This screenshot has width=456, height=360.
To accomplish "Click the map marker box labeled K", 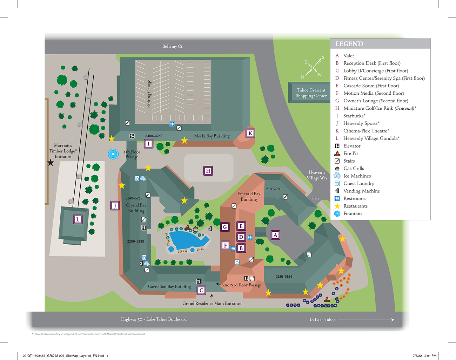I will pyautogui.click(x=250, y=133).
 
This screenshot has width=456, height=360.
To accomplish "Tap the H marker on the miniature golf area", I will pyautogui.click(x=208, y=171).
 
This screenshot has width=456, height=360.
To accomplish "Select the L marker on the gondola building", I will pyautogui.click(x=78, y=219).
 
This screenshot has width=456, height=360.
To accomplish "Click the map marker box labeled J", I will pyautogui.click(x=115, y=205).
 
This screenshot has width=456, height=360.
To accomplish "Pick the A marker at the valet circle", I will pyautogui.click(x=275, y=235).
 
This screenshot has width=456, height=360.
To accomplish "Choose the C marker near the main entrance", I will pyautogui.click(x=201, y=290).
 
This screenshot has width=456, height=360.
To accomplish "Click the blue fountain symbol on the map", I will pyautogui.click(x=113, y=154).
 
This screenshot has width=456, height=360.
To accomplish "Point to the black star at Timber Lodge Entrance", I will pyautogui.click(x=51, y=163).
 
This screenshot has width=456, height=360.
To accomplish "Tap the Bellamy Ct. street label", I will pyautogui.click(x=173, y=46).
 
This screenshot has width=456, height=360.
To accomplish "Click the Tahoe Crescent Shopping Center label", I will pyautogui.click(x=311, y=93).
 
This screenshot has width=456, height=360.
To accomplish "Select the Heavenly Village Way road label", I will pyautogui.click(x=317, y=175).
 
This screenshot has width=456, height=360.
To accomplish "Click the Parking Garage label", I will pyautogui.click(x=149, y=94).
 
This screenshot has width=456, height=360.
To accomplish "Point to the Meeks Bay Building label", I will pyautogui.click(x=212, y=136).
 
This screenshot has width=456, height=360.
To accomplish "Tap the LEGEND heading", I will pyautogui.click(x=349, y=44).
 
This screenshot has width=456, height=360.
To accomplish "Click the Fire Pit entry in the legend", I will pyautogui.click(x=350, y=153).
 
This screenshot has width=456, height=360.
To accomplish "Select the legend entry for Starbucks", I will pyautogui.click(x=354, y=116).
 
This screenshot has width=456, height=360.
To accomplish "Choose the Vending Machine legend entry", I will pyautogui.click(x=361, y=191).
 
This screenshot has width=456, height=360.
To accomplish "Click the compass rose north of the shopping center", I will pyautogui.click(x=313, y=67).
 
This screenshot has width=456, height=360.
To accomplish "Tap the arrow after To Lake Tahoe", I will pyautogui.click(x=366, y=320).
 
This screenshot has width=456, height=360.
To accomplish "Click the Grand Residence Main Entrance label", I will pyautogui.click(x=212, y=304).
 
